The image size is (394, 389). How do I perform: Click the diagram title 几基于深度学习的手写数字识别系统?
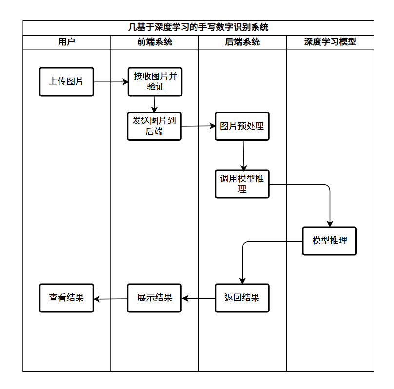point(198,27)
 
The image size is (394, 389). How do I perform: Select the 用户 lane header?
point(67,42)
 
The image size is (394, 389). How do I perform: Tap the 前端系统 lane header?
point(155,42)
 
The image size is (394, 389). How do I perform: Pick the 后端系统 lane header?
point(242,42)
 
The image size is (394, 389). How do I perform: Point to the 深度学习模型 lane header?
point(330,42)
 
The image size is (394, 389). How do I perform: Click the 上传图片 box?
point(66,81)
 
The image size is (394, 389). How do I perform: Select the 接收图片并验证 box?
point(155,81)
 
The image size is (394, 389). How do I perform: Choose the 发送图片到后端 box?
point(154,126)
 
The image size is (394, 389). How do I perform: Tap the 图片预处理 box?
point(242,126)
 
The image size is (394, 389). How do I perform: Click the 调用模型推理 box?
point(242,184)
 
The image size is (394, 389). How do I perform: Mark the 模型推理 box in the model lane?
point(330,241)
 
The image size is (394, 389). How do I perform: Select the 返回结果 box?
point(242,298)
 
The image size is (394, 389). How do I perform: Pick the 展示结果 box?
point(154,298)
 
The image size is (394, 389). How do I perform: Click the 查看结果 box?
point(66,298)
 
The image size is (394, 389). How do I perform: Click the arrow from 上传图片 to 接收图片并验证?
point(110,82)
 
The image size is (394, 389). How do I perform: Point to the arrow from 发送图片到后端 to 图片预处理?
point(198,126)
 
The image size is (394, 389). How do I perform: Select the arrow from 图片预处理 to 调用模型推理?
point(243,155)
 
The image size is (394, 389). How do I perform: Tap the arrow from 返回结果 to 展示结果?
point(198,298)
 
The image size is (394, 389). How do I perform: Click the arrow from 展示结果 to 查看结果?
point(110,299)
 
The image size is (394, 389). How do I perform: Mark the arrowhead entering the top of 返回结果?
point(242,281)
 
